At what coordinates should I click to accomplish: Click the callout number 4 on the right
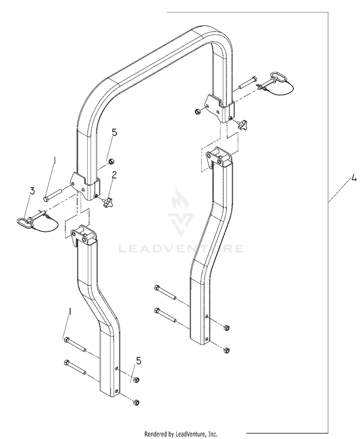[354, 178]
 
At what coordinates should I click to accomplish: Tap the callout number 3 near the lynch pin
[32, 191]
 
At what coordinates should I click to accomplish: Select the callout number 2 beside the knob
[114, 175]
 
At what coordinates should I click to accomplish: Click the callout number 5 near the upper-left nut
[114, 133]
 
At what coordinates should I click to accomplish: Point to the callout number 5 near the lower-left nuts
[139, 361]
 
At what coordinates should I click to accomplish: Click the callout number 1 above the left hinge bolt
[55, 161]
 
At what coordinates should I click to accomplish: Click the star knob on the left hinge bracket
[108, 203]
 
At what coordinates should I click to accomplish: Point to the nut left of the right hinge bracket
[197, 111]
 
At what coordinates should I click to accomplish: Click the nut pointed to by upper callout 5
[111, 161]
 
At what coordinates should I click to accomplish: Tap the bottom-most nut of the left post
[136, 402]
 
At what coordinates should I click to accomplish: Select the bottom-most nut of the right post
[227, 350]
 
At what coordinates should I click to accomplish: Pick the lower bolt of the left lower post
[75, 367]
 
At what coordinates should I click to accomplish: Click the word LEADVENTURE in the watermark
[181, 248]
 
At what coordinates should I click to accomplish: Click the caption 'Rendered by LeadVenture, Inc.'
[181, 434]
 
